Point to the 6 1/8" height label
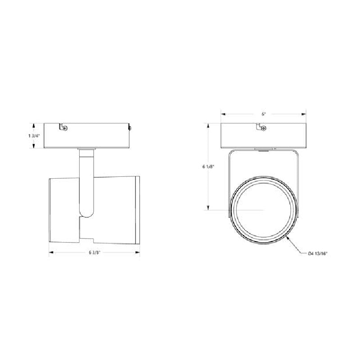pyautogui.click(x=208, y=166)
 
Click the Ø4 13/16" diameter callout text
pyautogui.click(x=317, y=254)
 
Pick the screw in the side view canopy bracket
pyautogui.click(x=66, y=129)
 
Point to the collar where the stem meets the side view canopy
pyautogui.click(x=86, y=148)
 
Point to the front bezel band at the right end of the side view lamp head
pyautogui.click(x=138, y=210)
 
